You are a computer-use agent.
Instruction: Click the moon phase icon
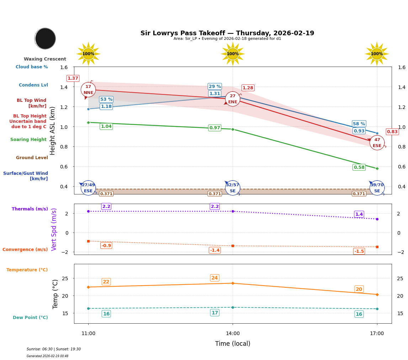click(45, 38)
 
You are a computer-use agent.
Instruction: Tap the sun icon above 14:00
click(233, 54)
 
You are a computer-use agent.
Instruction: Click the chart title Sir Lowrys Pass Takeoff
click(227, 33)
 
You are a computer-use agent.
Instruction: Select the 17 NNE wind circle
click(88, 90)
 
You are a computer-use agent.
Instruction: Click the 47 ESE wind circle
click(377, 143)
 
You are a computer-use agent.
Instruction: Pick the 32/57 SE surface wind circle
click(233, 188)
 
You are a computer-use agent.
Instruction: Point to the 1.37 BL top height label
click(73, 78)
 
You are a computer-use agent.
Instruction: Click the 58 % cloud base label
click(359, 124)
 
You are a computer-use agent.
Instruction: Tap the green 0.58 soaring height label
click(359, 167)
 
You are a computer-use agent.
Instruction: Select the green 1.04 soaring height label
click(106, 126)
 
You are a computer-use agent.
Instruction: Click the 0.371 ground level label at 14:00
click(214, 194)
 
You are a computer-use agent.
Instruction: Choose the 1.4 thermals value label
click(359, 214)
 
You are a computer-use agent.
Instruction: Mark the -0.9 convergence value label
click(106, 245)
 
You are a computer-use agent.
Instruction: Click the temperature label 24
click(214, 278)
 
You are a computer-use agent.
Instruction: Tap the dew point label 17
click(214, 313)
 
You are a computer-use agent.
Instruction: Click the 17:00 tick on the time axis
click(377, 334)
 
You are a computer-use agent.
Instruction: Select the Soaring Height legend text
click(28, 140)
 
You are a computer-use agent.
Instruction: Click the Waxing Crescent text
click(45, 59)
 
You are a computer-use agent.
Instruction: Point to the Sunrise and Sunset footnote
click(54, 349)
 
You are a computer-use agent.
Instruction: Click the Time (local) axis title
click(233, 344)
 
